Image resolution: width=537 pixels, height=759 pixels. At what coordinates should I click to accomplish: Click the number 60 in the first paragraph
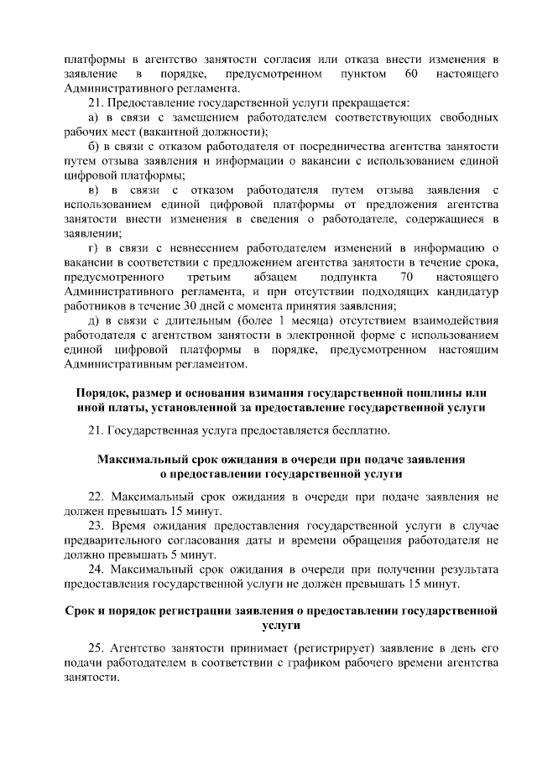(411, 75)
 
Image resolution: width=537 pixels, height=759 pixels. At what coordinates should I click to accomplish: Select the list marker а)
(94, 117)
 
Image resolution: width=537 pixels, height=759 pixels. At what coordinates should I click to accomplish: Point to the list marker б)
(94, 146)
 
